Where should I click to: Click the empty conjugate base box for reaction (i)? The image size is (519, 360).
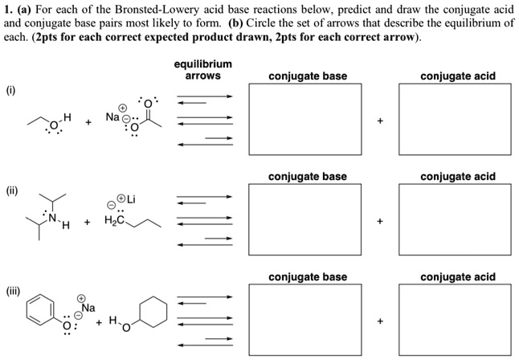click(308, 121)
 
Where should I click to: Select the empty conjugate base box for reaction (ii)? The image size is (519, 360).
click(308, 220)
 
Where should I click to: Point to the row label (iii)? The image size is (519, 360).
click(14, 290)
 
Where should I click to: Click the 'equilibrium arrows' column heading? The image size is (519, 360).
click(202, 70)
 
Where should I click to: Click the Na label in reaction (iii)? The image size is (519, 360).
click(87, 307)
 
